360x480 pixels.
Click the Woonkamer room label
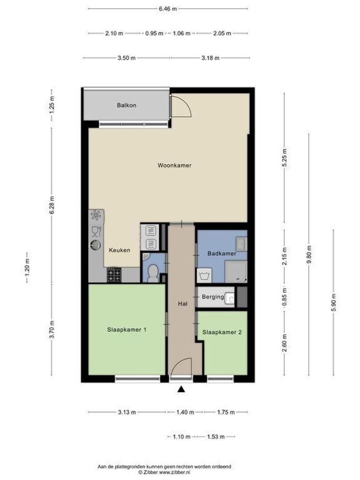click(x=174, y=165)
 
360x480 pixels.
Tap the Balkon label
click(x=127, y=105)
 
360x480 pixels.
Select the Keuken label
click(x=120, y=250)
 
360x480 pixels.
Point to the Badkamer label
click(x=222, y=253)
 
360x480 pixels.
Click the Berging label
click(x=212, y=297)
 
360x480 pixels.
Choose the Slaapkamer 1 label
click(x=127, y=330)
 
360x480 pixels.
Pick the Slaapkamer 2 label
click(x=222, y=332)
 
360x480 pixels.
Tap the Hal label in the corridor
click(x=181, y=304)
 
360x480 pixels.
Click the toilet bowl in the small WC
click(x=153, y=272)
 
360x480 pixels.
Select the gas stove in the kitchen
click(x=113, y=275)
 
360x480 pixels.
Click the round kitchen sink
click(x=96, y=244)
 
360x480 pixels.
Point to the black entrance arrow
click(x=181, y=390)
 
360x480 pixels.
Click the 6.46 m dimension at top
click(x=168, y=8)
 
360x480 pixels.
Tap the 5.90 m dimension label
click(x=333, y=304)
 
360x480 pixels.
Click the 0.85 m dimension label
click(x=285, y=297)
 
